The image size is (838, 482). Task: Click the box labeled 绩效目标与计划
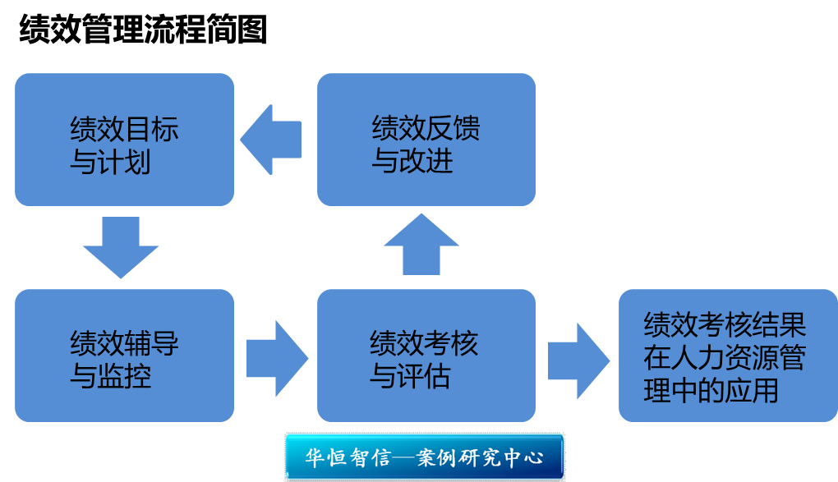124,140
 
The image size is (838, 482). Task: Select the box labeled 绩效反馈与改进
426,140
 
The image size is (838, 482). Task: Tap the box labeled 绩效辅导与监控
124,355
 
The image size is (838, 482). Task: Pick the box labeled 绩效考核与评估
426,355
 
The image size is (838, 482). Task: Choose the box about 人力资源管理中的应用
728,355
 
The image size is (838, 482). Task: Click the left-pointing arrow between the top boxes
270,139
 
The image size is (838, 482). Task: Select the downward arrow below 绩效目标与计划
122,247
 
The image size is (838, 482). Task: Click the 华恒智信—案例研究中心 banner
425,457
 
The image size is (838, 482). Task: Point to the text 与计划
110,162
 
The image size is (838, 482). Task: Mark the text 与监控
110,376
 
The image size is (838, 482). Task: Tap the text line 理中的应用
711,391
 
